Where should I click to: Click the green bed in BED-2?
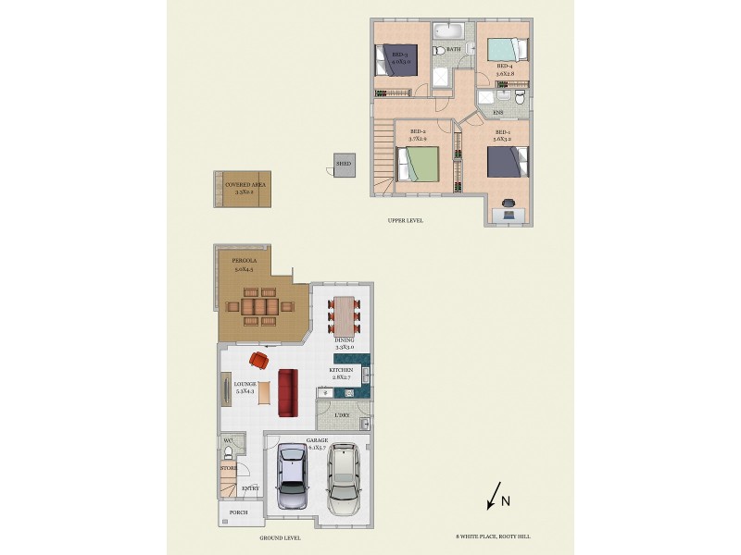pyautogui.click(x=417, y=165)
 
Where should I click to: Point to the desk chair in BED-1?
pyautogui.click(x=509, y=202)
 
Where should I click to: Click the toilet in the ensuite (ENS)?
pyautogui.click(x=521, y=96)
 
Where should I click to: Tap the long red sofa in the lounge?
pyautogui.click(x=288, y=393)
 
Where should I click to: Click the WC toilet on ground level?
pyautogui.click(x=228, y=453)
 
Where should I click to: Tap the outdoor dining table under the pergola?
pyautogui.click(x=260, y=306)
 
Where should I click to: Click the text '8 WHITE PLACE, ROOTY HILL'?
pyautogui.click(x=493, y=536)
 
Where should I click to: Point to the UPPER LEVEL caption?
pyautogui.click(x=406, y=220)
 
